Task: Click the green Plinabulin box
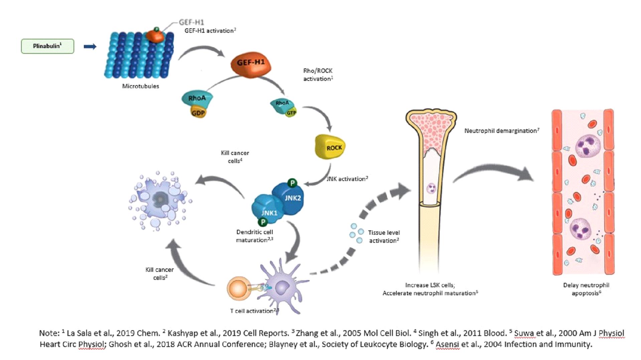click(x=47, y=46)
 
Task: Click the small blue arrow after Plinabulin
click(x=90, y=46)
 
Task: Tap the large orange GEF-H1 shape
click(x=251, y=64)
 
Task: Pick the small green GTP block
click(x=291, y=113)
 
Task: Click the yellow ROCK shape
click(x=330, y=147)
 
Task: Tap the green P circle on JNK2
click(x=292, y=183)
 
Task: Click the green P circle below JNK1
click(x=263, y=222)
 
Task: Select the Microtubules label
click(x=140, y=86)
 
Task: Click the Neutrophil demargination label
click(x=501, y=131)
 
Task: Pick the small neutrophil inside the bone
click(x=431, y=188)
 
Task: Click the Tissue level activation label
click(x=384, y=236)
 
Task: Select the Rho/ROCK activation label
click(x=318, y=75)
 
